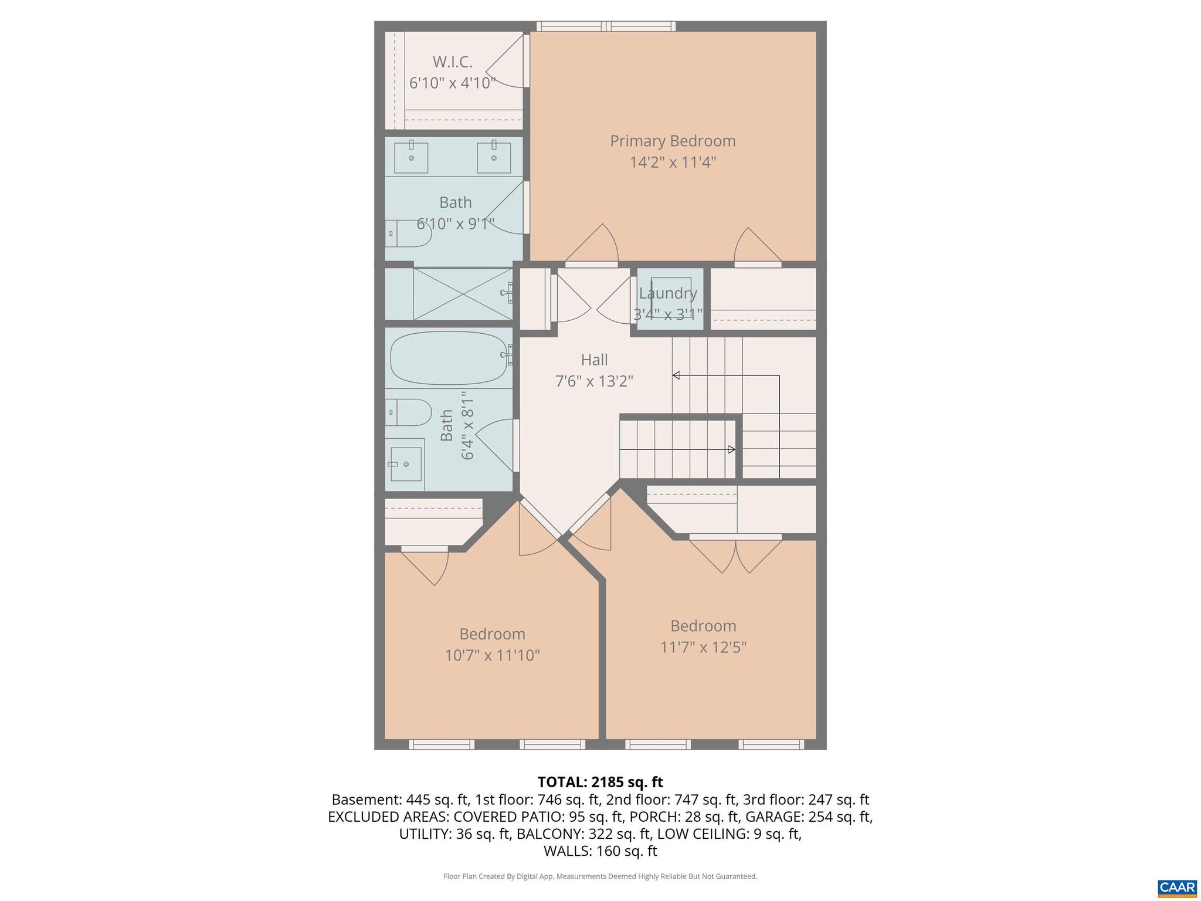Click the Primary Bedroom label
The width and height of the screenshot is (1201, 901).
click(672, 141)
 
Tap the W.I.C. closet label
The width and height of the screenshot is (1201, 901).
click(452, 62)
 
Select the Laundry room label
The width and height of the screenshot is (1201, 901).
click(668, 293)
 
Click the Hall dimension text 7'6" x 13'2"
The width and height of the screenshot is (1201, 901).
click(594, 382)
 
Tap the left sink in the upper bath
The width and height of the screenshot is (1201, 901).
click(410, 157)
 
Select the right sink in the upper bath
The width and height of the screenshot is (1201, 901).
click(494, 157)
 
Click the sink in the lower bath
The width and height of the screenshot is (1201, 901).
click(406, 464)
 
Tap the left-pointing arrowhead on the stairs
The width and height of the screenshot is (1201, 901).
click(676, 375)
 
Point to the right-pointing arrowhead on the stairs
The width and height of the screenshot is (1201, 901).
click(731, 449)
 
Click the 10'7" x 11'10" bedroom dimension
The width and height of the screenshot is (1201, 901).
click(492, 655)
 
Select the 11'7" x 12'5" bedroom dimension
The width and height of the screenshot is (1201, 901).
click(703, 647)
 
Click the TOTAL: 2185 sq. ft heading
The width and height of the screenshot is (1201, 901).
click(600, 782)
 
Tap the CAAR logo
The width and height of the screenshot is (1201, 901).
click(1177, 888)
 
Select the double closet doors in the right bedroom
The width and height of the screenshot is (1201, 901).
click(735, 554)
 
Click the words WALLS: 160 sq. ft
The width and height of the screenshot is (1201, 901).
click(600, 851)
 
